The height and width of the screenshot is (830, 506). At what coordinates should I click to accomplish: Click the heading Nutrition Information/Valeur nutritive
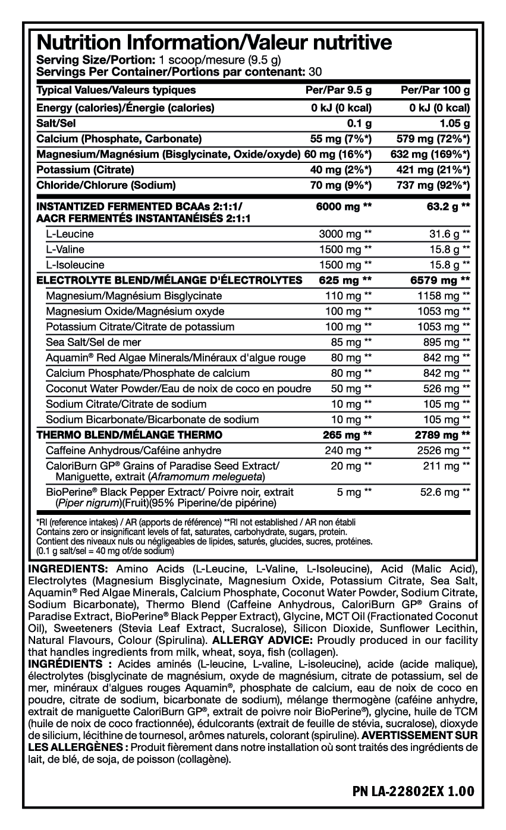tap(214, 42)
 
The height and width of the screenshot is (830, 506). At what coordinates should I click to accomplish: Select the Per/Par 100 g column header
tap(436, 90)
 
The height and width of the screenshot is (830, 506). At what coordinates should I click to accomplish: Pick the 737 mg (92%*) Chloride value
tap(433, 186)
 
